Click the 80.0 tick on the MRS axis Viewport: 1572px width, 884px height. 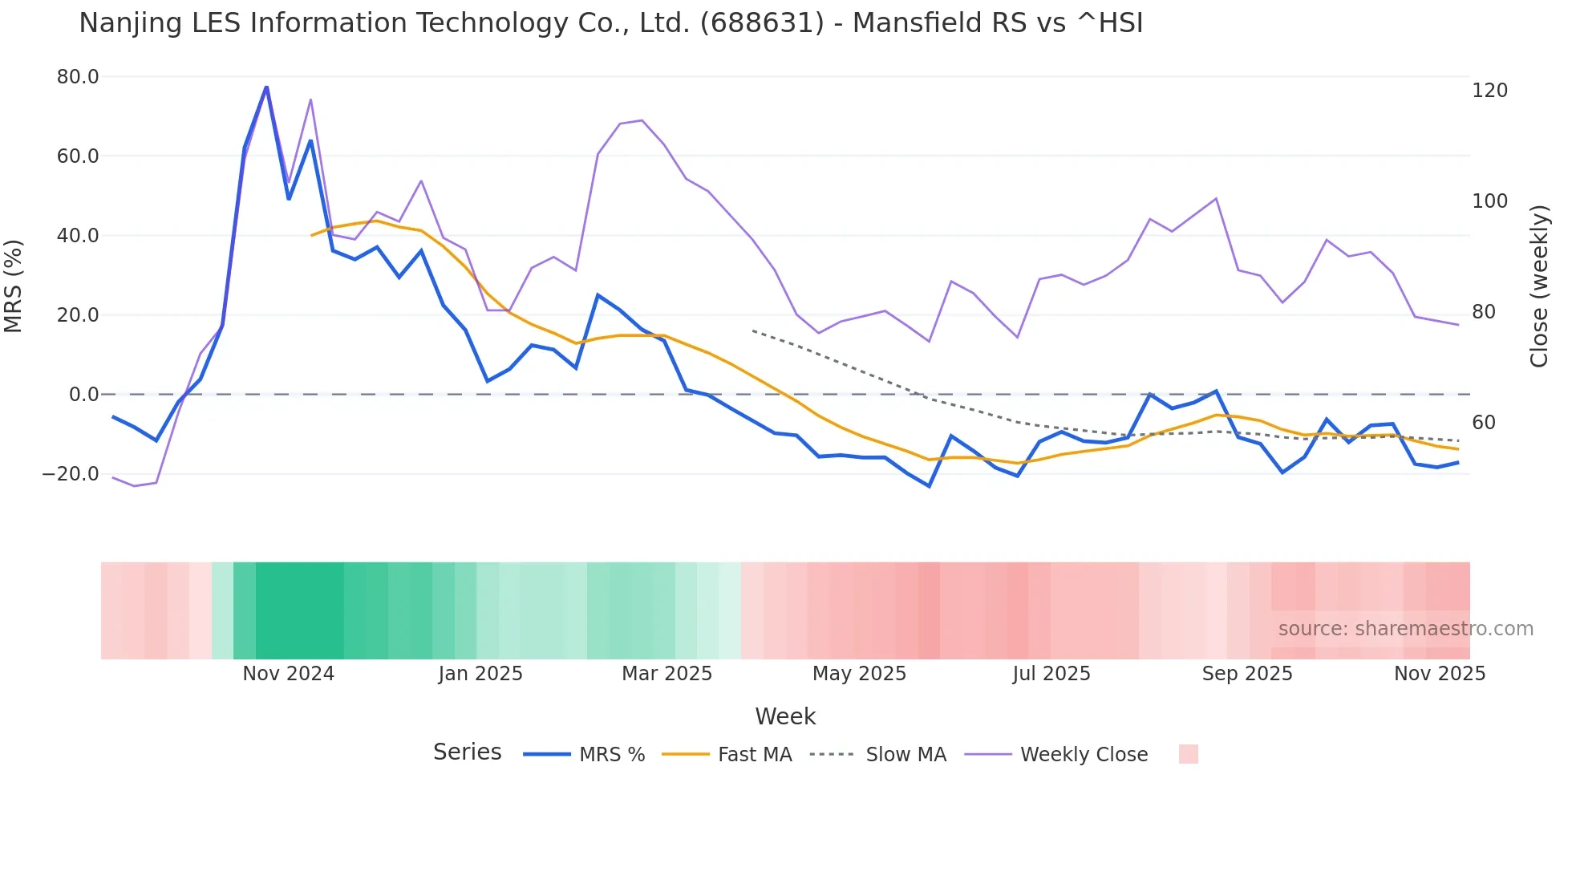point(78,77)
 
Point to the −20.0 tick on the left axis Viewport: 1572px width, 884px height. point(71,474)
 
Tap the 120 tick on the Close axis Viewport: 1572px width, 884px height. point(1489,91)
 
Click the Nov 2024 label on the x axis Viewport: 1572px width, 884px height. point(289,674)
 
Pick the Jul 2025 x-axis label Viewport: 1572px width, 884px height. point(1051,674)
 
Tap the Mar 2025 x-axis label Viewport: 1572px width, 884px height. point(667,674)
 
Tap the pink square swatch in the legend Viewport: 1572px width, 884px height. point(1189,754)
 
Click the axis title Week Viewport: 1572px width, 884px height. point(785,716)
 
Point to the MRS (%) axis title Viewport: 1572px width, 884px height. point(14,286)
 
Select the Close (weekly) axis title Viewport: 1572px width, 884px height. point(1538,286)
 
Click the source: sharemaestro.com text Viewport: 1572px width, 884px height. point(1405,629)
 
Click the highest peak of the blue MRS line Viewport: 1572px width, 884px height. point(266,87)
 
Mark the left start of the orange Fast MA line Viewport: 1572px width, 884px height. point(312,235)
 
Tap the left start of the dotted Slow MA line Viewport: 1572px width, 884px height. point(753,330)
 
